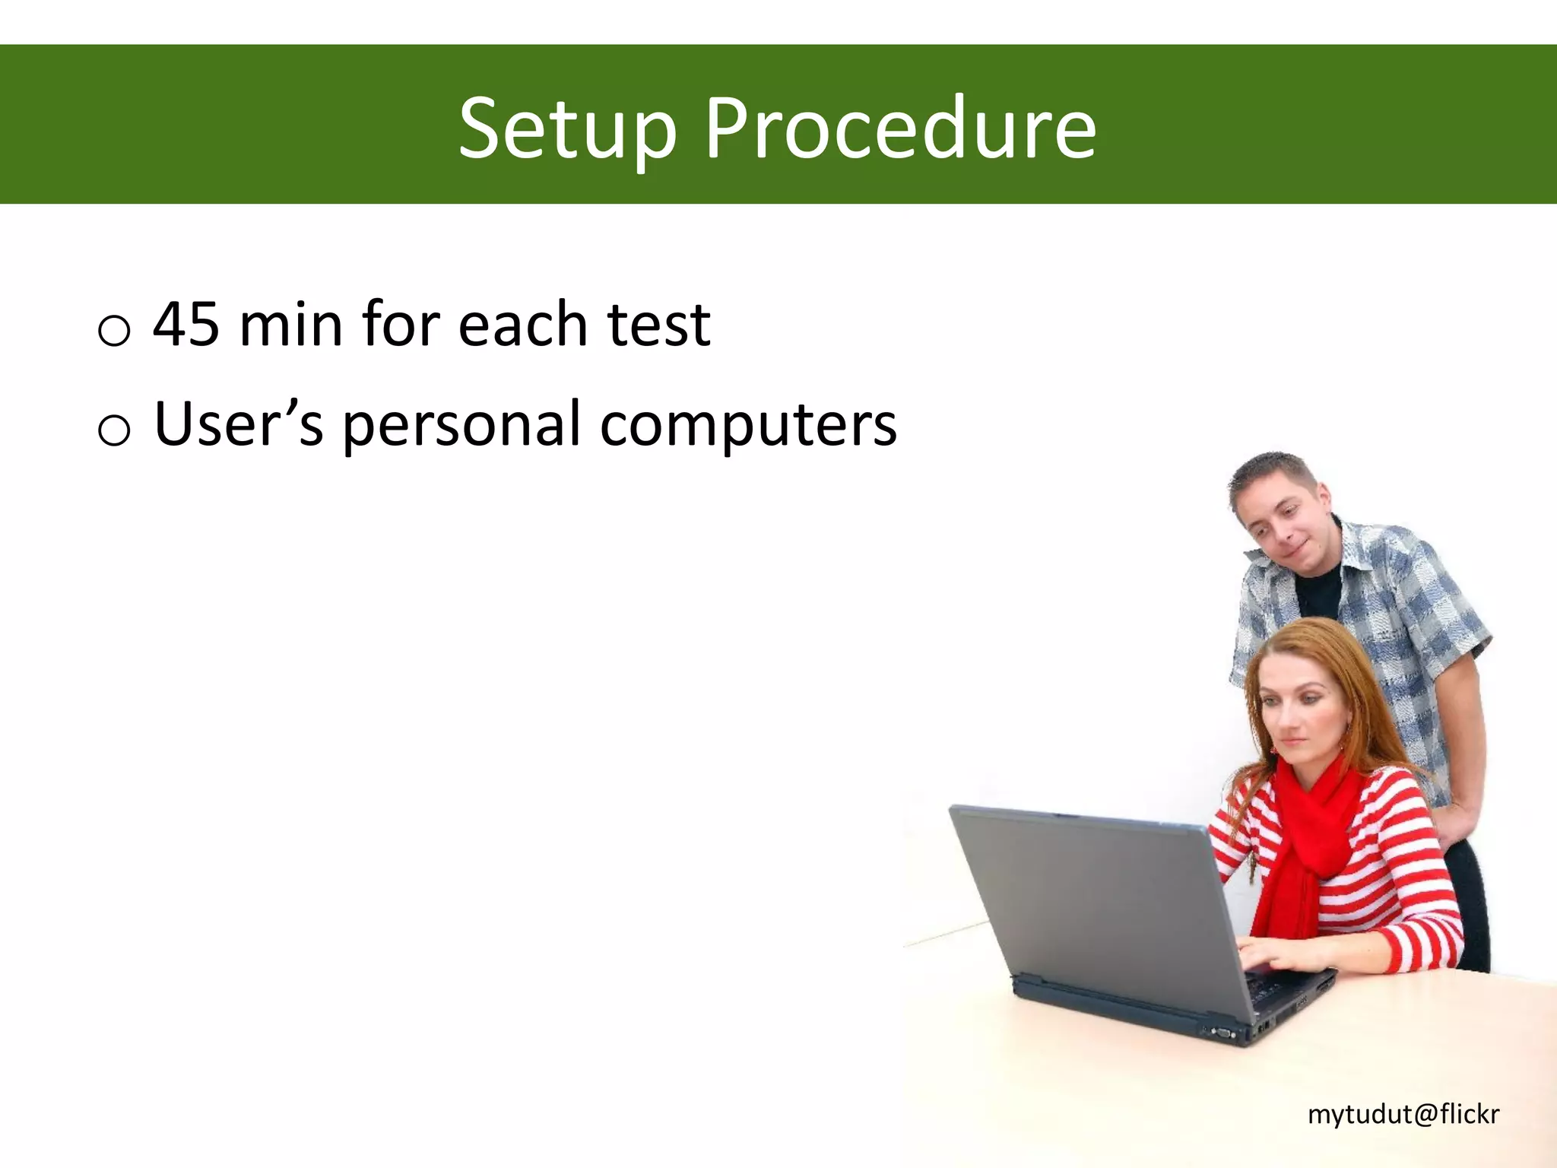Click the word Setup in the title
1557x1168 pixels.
[566, 129]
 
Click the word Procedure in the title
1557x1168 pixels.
[900, 129]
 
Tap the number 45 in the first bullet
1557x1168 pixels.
[186, 325]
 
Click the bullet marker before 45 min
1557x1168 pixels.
[114, 332]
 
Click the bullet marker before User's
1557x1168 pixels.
[114, 430]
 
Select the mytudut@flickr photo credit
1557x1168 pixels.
[1403, 1114]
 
